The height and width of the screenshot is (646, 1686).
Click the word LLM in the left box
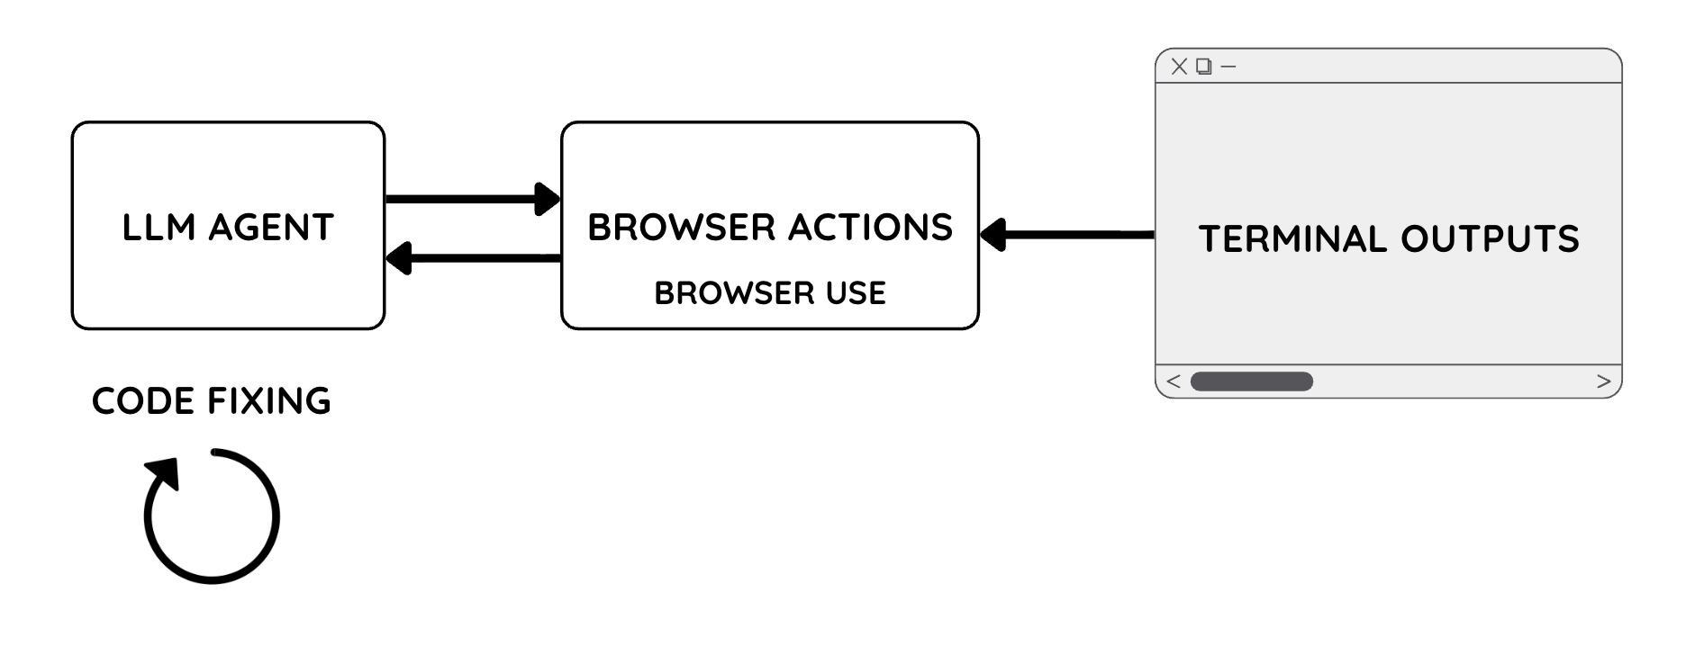click(159, 228)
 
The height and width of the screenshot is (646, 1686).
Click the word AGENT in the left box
click(271, 228)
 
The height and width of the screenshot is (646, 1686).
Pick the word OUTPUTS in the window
click(1490, 239)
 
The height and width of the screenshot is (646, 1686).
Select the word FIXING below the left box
click(269, 401)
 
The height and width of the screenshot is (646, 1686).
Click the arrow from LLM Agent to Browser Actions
click(468, 199)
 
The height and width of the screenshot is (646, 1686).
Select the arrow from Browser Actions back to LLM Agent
click(477, 258)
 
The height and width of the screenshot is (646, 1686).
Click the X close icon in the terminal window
click(1179, 66)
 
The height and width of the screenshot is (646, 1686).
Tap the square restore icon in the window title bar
click(1204, 66)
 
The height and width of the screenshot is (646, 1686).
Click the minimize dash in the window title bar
click(1228, 66)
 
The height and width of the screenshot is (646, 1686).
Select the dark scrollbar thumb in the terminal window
click(1251, 381)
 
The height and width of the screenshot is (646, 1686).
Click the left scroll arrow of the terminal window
click(1173, 381)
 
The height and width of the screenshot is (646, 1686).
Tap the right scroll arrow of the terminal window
click(1603, 381)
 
